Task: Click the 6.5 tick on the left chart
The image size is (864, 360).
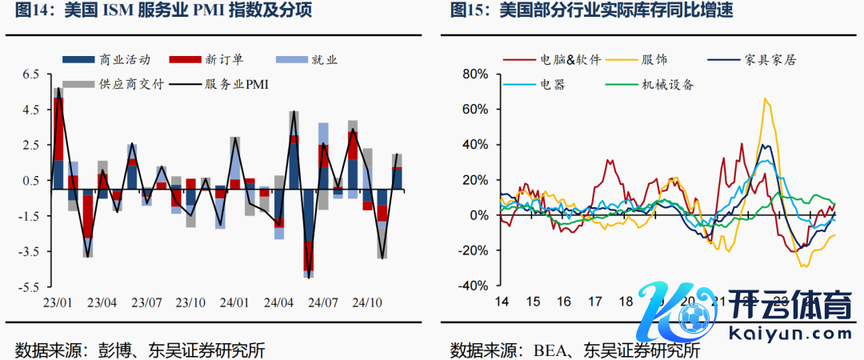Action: coord(30,74)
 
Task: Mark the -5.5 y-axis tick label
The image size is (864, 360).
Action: coord(27,286)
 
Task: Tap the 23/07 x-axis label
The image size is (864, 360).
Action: coord(147,303)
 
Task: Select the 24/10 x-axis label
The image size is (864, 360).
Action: coord(369,303)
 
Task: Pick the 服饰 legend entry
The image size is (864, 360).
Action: coord(654,60)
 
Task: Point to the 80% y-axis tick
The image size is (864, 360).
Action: coord(477,74)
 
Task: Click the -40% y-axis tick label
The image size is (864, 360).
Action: coord(473,286)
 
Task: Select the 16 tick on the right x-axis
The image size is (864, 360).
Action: coord(564,302)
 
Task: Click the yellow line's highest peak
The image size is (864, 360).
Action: coord(766,98)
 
